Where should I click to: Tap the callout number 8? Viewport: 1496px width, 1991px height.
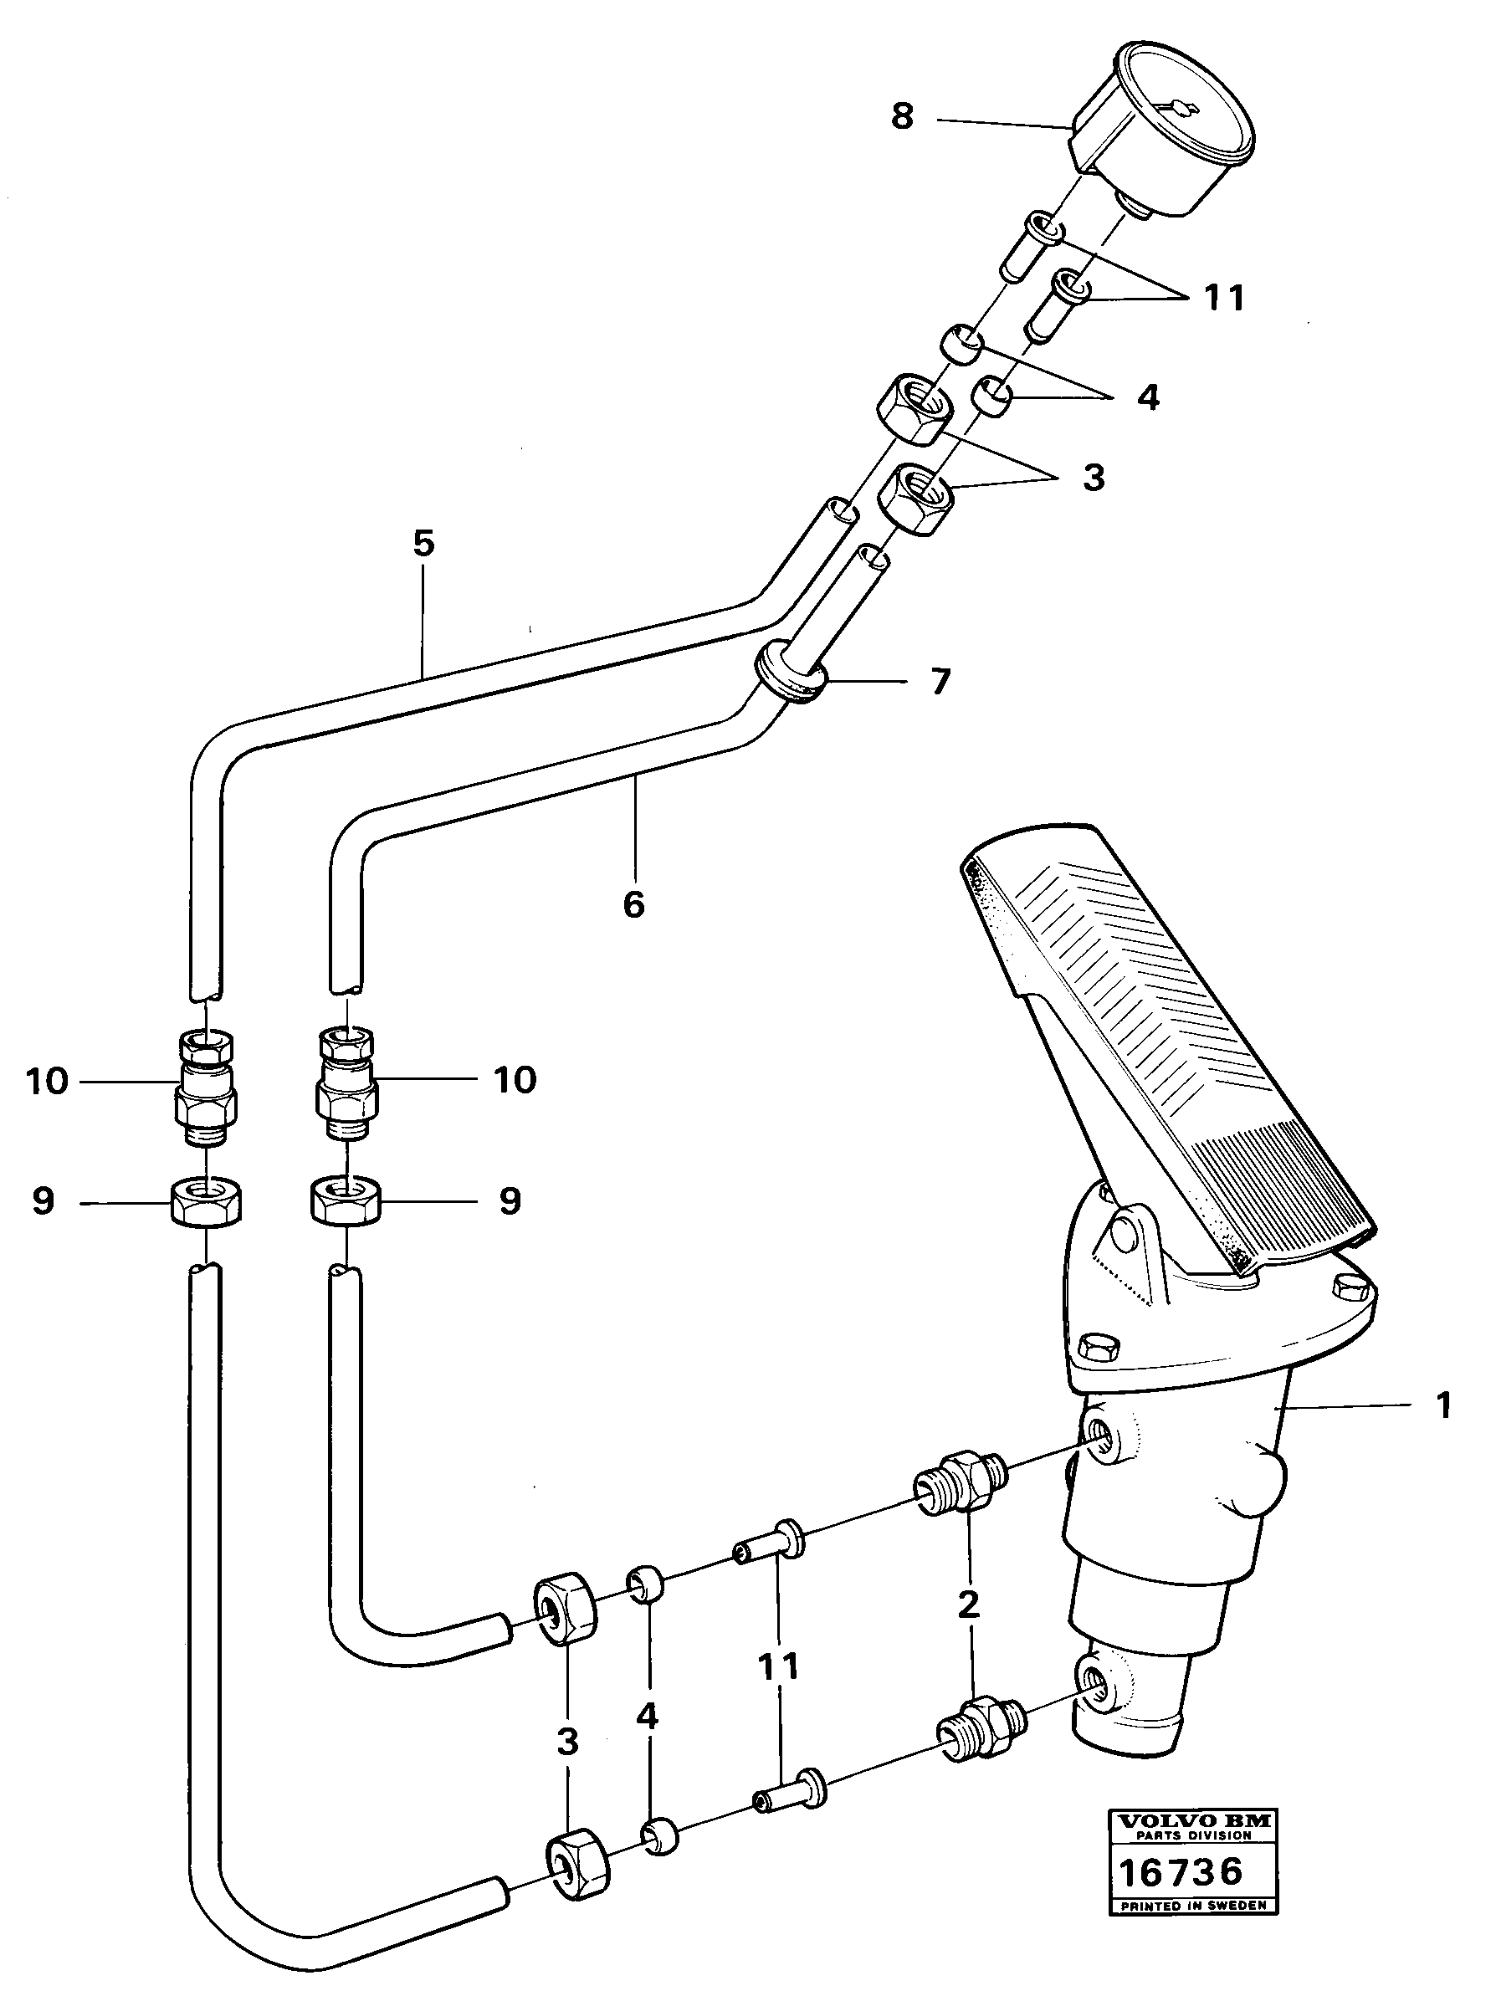[902, 117]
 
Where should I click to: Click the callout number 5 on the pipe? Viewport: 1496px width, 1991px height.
[423, 543]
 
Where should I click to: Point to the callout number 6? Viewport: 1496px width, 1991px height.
[633, 904]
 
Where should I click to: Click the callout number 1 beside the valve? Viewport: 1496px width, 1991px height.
[1443, 1406]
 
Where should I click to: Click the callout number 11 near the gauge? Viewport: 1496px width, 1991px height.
[1223, 297]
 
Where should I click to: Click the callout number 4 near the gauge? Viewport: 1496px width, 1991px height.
[1148, 397]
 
